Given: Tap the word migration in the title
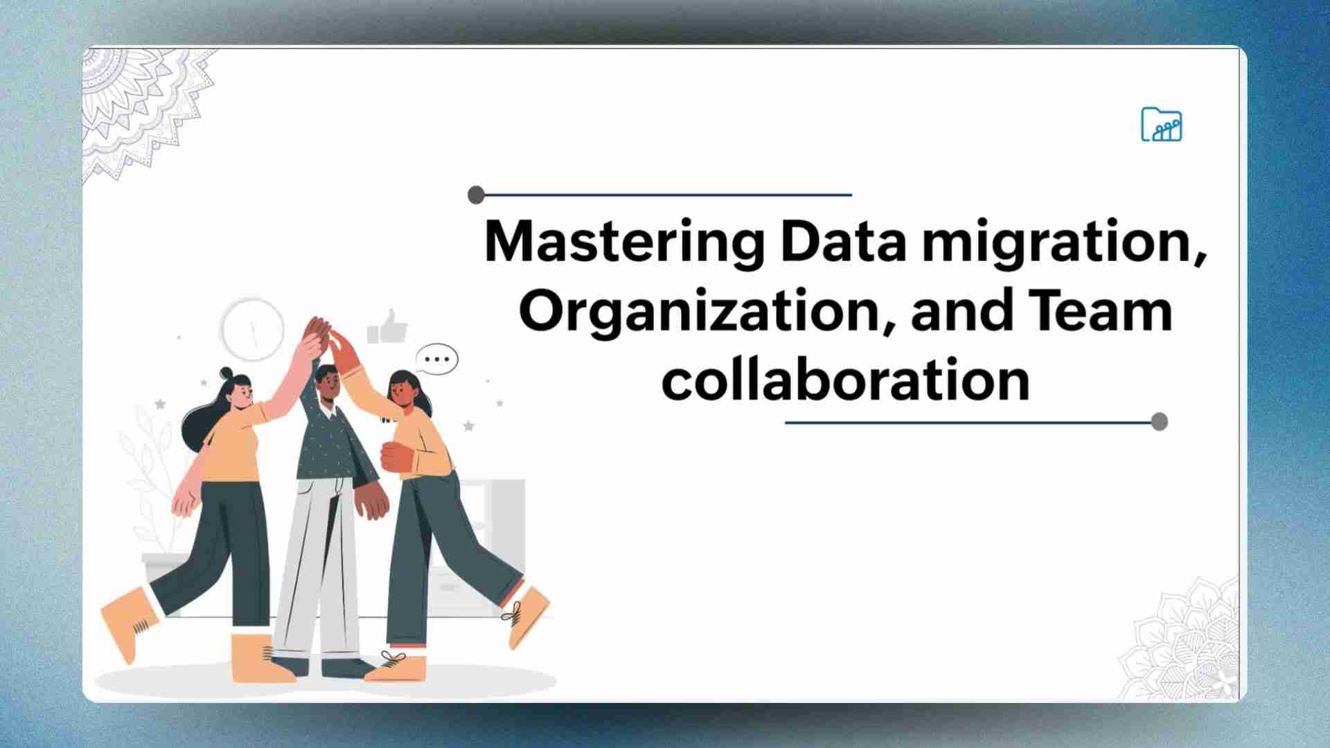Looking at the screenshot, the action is (x=1064, y=244).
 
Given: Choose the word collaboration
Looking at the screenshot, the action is (x=845, y=380).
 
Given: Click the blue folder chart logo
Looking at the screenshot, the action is (x=1162, y=125).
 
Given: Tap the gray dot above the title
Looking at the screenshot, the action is (x=476, y=195).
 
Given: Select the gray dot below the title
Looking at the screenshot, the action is (x=1159, y=422).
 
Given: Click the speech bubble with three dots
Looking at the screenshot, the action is (x=437, y=359).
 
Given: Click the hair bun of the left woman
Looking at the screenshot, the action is (x=227, y=374).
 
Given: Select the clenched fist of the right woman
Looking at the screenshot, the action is (x=397, y=458).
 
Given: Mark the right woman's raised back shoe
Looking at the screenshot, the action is (x=528, y=615).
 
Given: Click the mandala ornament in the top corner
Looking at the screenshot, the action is (x=145, y=111).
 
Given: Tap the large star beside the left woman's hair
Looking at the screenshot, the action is (x=160, y=404).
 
